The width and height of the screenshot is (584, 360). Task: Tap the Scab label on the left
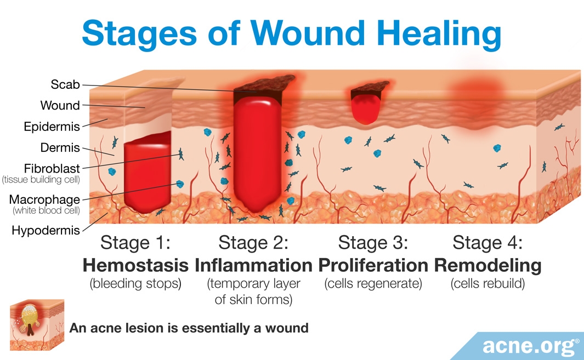(x=65, y=84)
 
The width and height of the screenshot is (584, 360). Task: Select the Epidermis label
(x=52, y=127)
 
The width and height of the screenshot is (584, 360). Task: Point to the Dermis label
(x=60, y=147)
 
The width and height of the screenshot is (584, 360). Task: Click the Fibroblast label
(x=52, y=168)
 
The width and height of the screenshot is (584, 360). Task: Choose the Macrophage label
(x=44, y=199)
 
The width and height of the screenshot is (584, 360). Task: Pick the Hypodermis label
(x=46, y=231)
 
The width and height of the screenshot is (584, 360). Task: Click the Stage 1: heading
(x=135, y=243)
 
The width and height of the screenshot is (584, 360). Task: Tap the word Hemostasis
(x=135, y=265)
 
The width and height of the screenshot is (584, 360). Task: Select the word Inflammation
(x=253, y=265)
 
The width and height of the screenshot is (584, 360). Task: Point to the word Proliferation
(x=373, y=265)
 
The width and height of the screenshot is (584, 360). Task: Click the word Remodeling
(x=487, y=266)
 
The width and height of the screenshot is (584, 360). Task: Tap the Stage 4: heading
(x=487, y=243)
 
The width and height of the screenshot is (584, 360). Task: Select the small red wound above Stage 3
(x=366, y=108)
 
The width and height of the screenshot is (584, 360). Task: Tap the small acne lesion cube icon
(x=37, y=325)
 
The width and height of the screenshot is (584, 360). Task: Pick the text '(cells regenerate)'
(x=373, y=284)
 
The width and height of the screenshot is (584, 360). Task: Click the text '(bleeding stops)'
(x=135, y=284)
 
